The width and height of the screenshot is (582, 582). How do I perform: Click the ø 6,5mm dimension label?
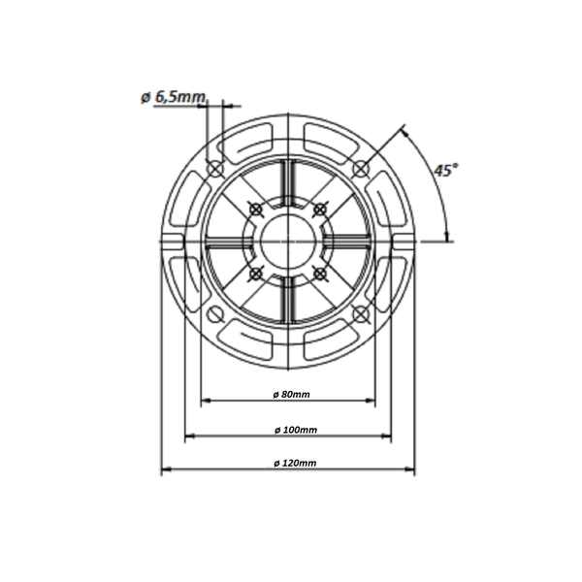(173, 97)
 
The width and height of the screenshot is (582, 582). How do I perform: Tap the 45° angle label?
(446, 171)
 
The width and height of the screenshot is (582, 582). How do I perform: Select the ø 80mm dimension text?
(291, 394)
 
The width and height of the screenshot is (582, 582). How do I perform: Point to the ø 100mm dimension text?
(296, 430)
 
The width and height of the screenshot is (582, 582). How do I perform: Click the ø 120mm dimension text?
(295, 464)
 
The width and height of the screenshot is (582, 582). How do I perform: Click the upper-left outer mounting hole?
(215, 169)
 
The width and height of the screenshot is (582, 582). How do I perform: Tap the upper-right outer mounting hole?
(361, 169)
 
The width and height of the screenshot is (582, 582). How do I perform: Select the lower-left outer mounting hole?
(215, 314)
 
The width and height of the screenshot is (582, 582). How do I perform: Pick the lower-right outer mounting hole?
(361, 314)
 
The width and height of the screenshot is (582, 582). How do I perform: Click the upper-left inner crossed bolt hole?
(255, 210)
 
